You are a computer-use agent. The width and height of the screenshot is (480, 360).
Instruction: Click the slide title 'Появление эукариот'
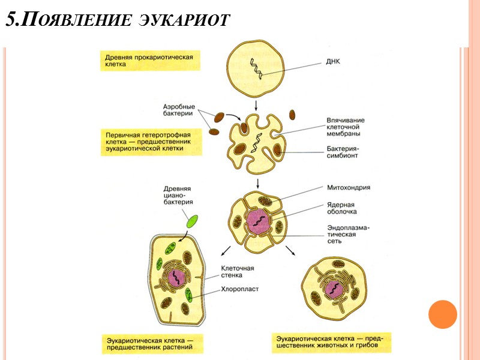point(118,19)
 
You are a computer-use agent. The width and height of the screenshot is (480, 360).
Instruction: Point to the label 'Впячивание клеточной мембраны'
point(346,127)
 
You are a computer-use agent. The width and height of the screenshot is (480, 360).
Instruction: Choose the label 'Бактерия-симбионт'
point(344,151)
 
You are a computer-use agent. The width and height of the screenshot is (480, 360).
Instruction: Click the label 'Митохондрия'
point(349,187)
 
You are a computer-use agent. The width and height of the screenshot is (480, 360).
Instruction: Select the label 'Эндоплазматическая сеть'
point(349,234)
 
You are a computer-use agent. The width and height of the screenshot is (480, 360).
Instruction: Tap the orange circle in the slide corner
point(443,314)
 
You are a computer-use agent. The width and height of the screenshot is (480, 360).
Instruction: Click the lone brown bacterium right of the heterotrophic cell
point(292,114)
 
